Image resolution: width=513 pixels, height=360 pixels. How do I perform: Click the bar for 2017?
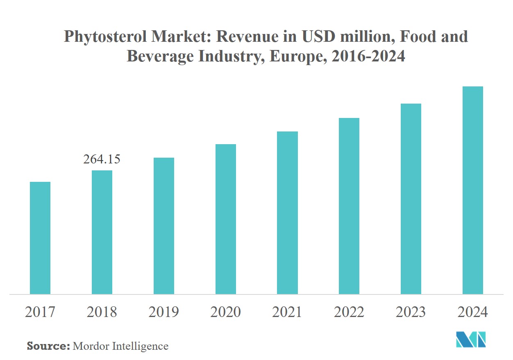40,238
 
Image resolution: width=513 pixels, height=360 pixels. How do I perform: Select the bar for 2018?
102,232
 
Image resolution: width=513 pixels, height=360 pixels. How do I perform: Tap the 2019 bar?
163,226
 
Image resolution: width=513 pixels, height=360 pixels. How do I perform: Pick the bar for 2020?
225,219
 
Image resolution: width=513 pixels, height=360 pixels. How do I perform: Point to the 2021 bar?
287,213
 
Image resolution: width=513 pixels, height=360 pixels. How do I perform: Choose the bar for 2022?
349,206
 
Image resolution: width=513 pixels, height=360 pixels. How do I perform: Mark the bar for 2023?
411,199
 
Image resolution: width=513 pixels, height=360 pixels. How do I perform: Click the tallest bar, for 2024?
472,190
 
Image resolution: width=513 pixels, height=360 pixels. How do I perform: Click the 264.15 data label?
102,159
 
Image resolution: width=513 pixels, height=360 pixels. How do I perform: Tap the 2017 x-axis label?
40,312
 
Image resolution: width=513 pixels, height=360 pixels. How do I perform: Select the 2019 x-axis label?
163,312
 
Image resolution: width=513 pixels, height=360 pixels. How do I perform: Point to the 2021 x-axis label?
287,312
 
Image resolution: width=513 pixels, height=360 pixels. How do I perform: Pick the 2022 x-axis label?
349,312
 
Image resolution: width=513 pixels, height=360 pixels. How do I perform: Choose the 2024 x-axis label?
472,312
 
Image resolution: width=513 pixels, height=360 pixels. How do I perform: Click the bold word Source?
48,346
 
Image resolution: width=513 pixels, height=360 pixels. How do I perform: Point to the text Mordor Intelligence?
120,346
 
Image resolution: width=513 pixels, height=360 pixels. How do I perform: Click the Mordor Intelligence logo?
471,339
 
